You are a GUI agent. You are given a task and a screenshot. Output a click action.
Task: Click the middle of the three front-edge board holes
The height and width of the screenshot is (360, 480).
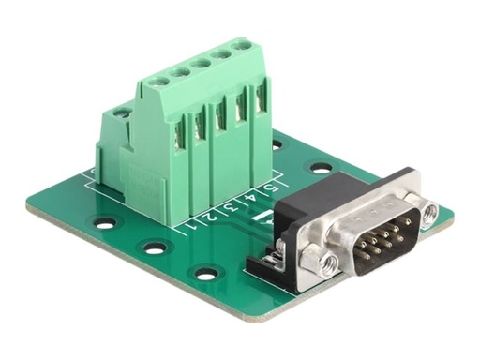[x=155, y=248]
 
